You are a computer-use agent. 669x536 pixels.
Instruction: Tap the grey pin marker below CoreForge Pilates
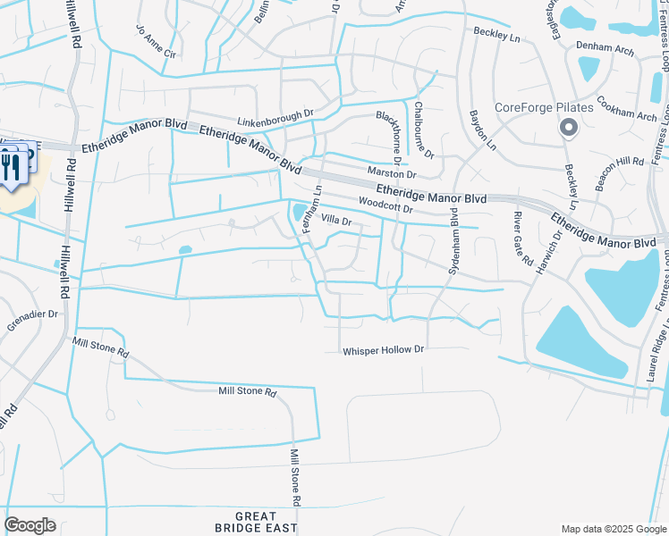tap(568, 130)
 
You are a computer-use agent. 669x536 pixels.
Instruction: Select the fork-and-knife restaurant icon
tap(13, 166)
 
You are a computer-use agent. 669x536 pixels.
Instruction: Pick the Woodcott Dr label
tap(385, 205)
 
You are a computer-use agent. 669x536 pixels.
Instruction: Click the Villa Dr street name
tap(336, 220)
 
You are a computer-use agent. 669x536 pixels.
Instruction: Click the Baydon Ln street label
tap(480, 130)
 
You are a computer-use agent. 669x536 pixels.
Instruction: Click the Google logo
tap(30, 525)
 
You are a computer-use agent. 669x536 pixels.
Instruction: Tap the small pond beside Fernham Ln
tap(298, 212)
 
